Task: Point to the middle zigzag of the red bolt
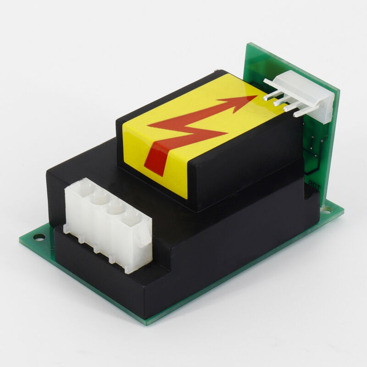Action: click(x=193, y=131)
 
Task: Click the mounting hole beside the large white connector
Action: click(x=37, y=238)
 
